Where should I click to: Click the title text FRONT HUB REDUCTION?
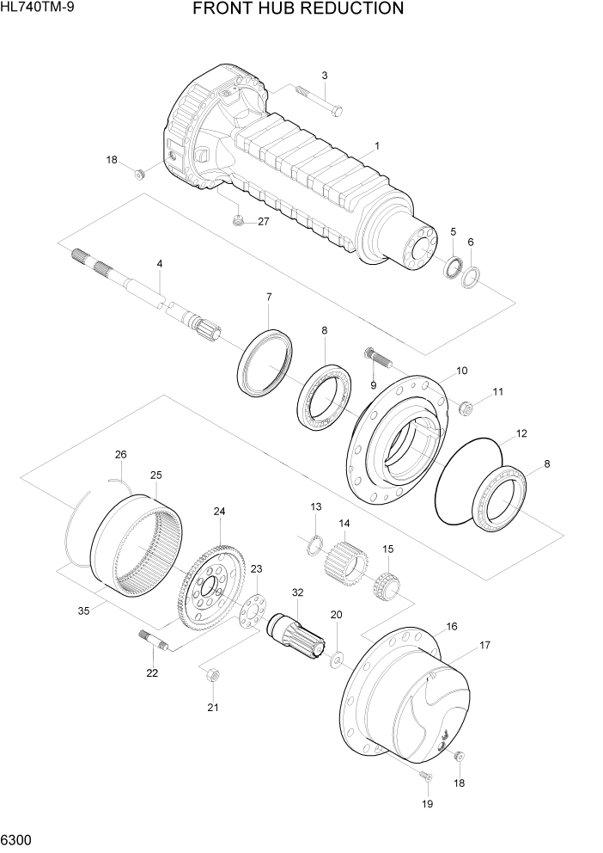coord(298,9)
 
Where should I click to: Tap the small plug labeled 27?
coord(238,222)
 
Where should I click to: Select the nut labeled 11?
coord(469,406)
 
